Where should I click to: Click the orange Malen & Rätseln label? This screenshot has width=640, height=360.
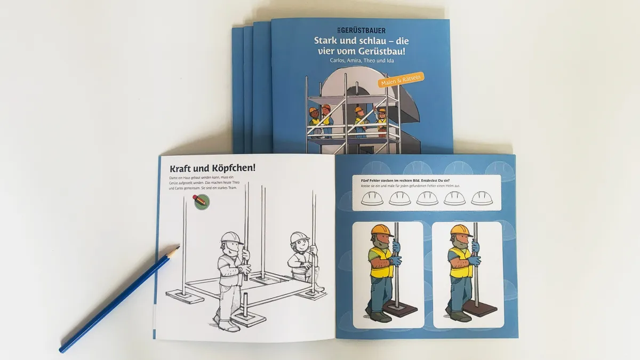click(400, 79)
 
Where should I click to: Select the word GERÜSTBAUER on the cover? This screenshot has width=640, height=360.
click(363, 30)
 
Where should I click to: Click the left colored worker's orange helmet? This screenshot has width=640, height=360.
click(382, 230)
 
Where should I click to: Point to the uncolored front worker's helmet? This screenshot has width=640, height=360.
click(231, 237)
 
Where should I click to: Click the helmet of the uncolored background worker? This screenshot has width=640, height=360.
click(299, 237)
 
